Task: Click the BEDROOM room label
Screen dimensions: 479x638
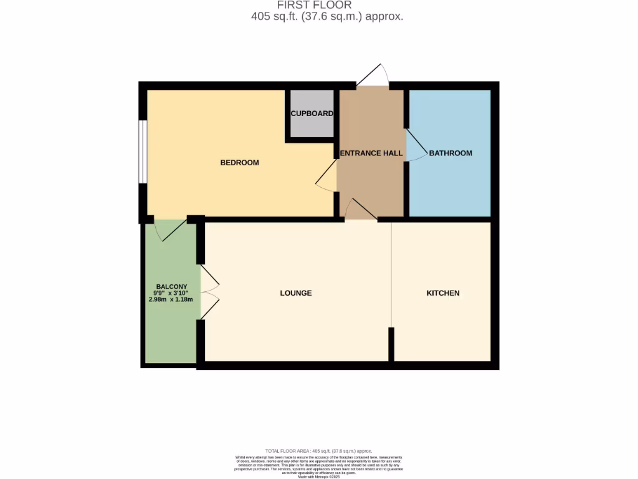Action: click(239, 163)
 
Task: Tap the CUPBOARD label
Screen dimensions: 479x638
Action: click(312, 114)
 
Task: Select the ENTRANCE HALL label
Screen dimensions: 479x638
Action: click(371, 153)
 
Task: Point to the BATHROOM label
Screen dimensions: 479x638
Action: click(450, 153)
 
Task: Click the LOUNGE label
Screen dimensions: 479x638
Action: click(296, 293)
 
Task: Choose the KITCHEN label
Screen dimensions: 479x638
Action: click(443, 293)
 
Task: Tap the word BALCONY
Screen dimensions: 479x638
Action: click(171, 286)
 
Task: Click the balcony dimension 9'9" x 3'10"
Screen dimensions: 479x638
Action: click(171, 293)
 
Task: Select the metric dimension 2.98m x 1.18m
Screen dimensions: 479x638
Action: click(171, 299)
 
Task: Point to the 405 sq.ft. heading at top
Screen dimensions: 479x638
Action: click(327, 17)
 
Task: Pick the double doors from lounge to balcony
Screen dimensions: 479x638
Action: click(210, 293)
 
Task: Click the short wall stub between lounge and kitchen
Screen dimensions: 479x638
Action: click(391, 344)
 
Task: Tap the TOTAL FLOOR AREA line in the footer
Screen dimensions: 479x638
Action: click(318, 451)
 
